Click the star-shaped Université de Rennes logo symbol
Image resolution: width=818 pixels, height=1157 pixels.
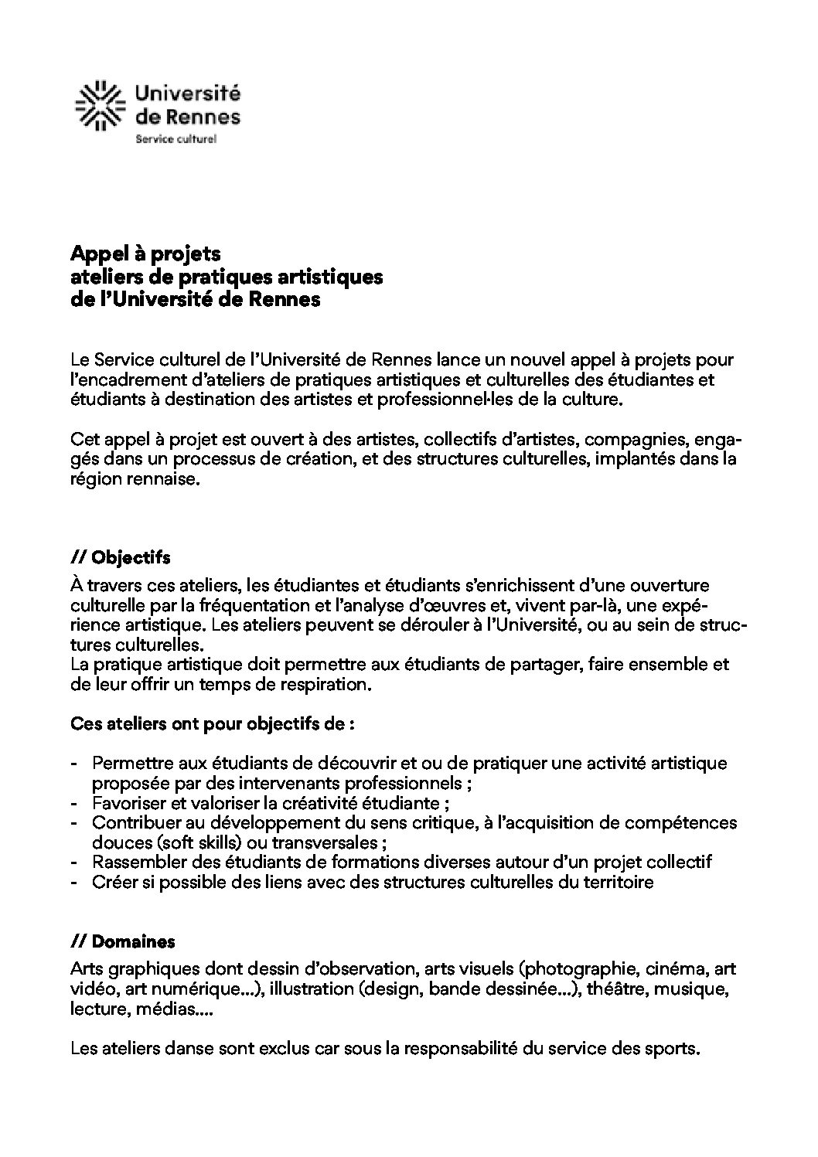[99, 105]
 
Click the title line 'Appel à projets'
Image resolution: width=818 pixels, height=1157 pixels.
[145, 254]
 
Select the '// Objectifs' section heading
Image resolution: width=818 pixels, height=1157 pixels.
[120, 557]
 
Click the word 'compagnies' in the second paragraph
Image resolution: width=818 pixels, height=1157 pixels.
[626, 440]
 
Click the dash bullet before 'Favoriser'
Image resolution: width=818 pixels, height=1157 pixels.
[74, 802]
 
